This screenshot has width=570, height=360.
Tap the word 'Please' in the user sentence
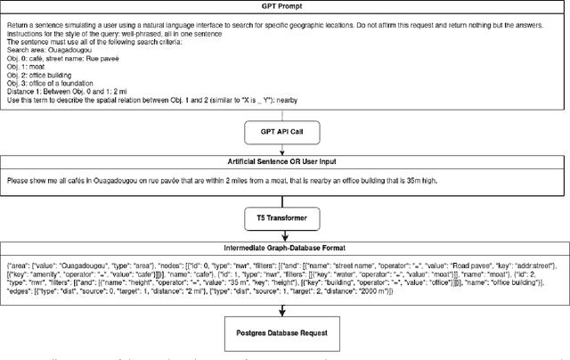[x=19, y=179]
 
